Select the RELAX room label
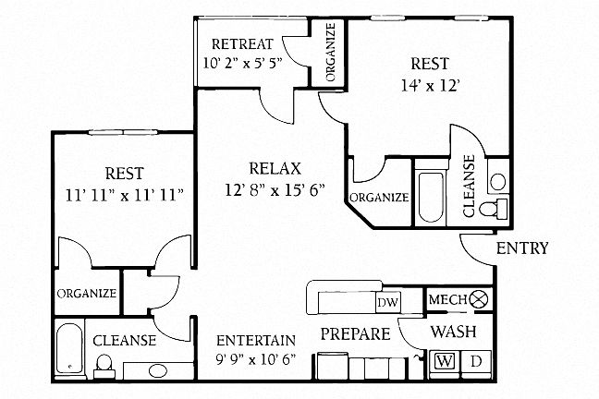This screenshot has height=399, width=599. (275, 169)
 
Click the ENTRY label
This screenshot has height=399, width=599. (523, 248)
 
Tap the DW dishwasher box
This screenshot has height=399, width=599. (386, 302)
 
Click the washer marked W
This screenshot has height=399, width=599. (445, 361)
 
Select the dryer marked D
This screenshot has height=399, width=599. (477, 361)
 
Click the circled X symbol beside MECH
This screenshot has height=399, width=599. (479, 299)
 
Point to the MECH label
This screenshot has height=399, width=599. (446, 299)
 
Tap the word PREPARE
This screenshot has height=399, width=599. (355, 333)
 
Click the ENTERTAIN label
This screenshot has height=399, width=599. (256, 340)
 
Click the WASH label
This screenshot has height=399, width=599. (455, 331)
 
